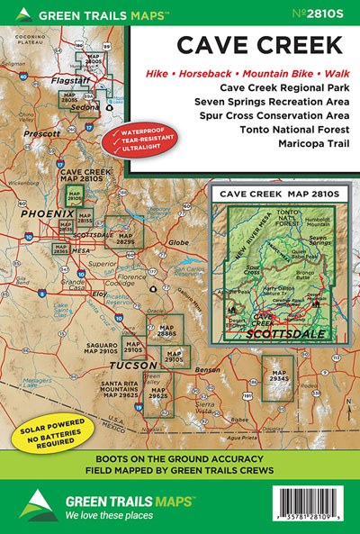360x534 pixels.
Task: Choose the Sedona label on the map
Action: [88, 107]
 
